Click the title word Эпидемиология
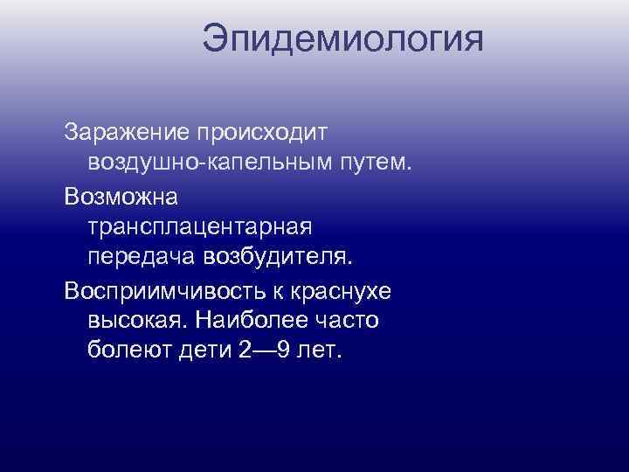click(x=342, y=40)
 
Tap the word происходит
click(x=261, y=133)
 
